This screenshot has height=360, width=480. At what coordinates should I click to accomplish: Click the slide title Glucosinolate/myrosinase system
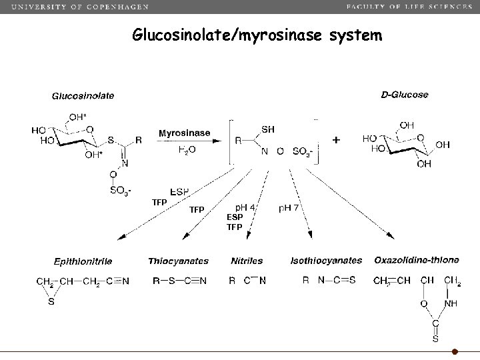point(257,35)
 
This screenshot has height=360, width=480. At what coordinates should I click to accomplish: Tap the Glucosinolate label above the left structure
point(83,95)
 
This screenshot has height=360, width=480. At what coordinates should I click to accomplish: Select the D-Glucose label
point(404,95)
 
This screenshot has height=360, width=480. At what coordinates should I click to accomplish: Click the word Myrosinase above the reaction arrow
point(184,133)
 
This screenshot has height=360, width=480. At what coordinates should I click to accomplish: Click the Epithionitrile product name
point(83,261)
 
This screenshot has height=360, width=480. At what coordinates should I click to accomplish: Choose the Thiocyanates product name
point(178,261)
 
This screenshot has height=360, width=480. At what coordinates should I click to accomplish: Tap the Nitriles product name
point(247,261)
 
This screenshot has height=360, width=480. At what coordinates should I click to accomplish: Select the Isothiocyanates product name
point(327,261)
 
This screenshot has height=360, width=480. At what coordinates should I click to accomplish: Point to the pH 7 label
point(291,208)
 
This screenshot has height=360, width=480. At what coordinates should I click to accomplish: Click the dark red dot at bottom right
point(455,351)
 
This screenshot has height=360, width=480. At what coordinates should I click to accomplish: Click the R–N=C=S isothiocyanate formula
point(329,281)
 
